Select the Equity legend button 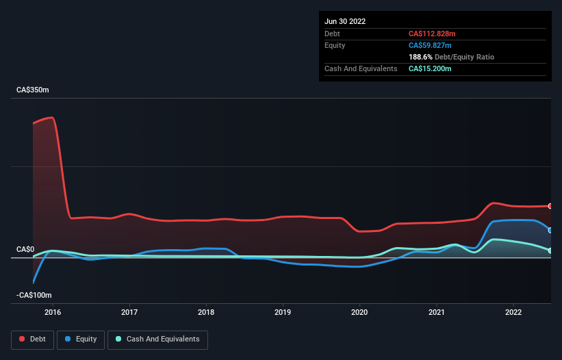(81, 339)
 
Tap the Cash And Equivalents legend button (157, 339)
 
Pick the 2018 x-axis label (206, 312)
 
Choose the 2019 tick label (283, 312)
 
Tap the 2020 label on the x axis (359, 312)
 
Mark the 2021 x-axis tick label (437, 312)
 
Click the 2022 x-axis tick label (513, 312)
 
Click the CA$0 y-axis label (26, 250)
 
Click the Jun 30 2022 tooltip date (345, 21)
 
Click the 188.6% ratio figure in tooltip (421, 57)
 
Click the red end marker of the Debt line (550, 206)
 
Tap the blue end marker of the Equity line (550, 230)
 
